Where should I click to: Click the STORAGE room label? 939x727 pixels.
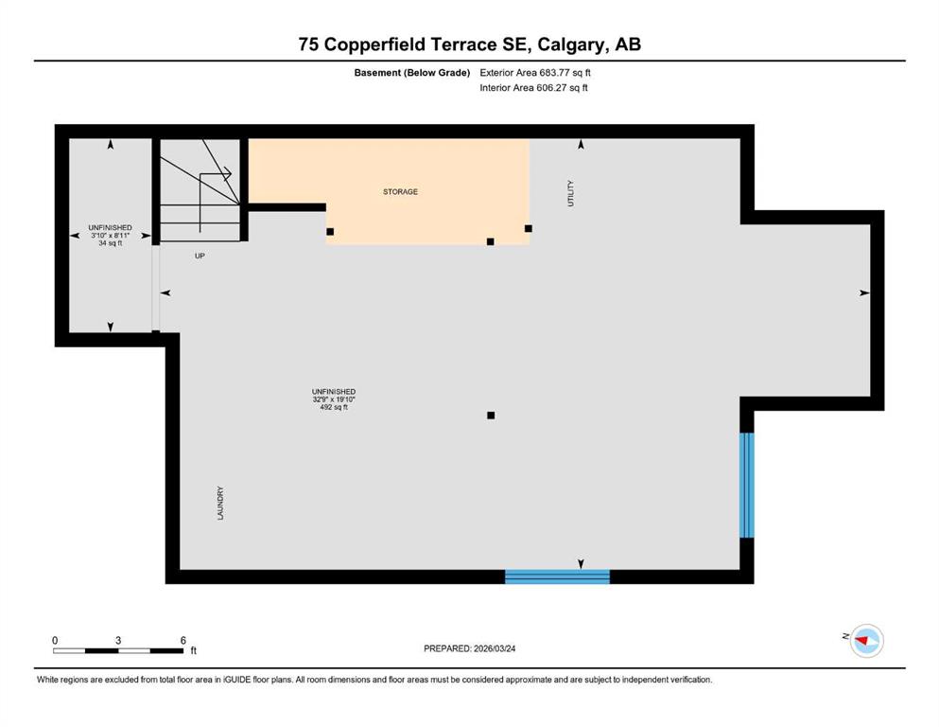tap(400, 192)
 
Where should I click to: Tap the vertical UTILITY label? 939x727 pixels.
tap(570, 194)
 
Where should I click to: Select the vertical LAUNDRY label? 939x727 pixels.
tap(220, 503)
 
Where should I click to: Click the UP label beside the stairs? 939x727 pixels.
tap(200, 256)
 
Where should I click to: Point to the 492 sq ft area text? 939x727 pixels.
tap(334, 408)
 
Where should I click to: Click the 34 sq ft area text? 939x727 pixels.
tap(111, 243)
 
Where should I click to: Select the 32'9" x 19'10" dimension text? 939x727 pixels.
tap(334, 399)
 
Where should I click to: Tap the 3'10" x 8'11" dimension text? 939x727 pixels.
tap(111, 236)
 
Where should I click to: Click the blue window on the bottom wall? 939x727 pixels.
tap(557, 576)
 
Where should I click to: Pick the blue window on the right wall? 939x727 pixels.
tap(747, 485)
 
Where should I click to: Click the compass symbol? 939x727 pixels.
tap(866, 641)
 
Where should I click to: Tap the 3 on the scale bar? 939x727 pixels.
tap(118, 640)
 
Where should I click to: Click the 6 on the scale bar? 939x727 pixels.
tap(183, 640)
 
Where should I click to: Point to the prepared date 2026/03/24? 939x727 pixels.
tap(495, 648)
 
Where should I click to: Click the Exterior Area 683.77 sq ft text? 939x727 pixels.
tap(535, 73)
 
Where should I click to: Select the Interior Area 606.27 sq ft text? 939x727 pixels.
tap(533, 87)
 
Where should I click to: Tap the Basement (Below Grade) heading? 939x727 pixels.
tap(412, 73)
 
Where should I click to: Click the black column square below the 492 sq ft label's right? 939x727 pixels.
tap(491, 416)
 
